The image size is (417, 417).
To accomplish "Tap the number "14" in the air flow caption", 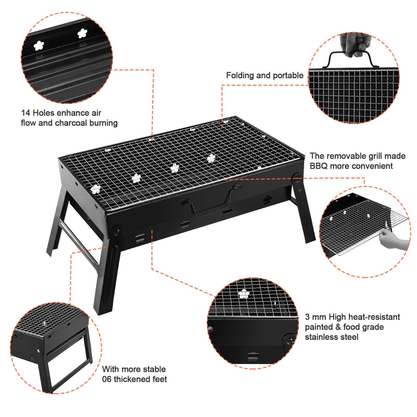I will (25, 113).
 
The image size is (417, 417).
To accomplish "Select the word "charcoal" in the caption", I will (71, 123).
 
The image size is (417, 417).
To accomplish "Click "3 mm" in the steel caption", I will (316, 317).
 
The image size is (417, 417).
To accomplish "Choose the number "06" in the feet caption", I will (107, 379).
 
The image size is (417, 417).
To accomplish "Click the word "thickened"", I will (131, 379).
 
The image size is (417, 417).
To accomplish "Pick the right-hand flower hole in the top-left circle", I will (82, 33).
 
